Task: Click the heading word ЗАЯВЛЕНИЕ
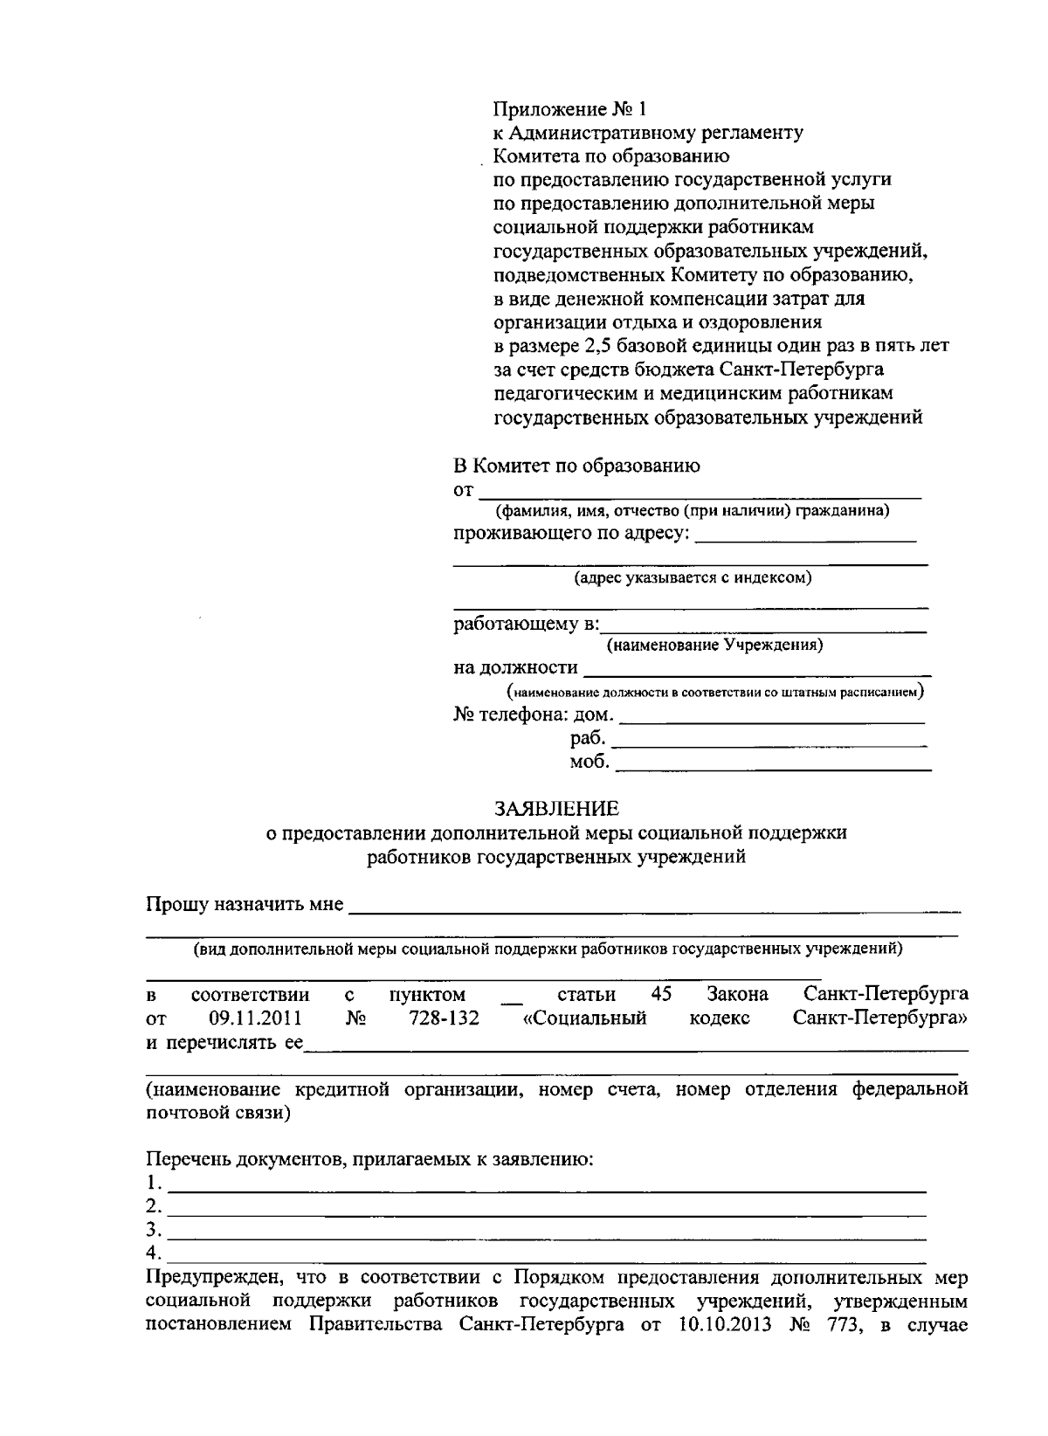coord(556,808)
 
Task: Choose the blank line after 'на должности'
coord(755,668)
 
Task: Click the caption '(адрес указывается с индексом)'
coord(693,578)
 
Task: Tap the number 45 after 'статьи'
coord(661,995)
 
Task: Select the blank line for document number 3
coord(547,1232)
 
